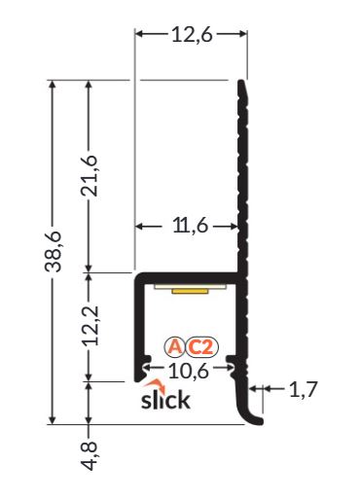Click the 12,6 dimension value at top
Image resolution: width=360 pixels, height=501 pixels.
pos(192,35)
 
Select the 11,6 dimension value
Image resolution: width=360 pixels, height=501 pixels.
pos(191,226)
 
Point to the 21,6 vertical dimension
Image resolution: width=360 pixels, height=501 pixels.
pos(90,176)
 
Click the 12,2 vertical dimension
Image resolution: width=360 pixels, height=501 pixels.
pos(90,326)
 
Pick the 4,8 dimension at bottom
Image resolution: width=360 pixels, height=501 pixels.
pos(90,455)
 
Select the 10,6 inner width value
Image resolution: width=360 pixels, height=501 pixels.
pos(189,371)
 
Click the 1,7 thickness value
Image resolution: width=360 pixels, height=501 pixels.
pos(303,389)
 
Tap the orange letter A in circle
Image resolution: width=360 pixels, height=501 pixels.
pos(175,347)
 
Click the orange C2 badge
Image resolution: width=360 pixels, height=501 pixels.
pos(201,347)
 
